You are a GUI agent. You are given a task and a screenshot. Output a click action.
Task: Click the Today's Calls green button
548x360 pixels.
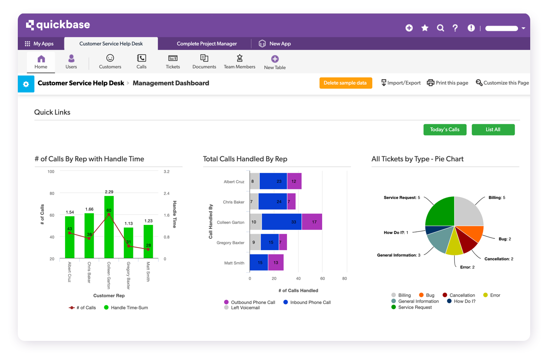[x=445, y=129]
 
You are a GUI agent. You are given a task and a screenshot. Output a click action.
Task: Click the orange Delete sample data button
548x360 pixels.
[x=346, y=83]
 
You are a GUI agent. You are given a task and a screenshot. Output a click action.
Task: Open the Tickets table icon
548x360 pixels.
[x=173, y=61]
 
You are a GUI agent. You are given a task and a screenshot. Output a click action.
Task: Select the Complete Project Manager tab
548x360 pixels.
[x=207, y=43]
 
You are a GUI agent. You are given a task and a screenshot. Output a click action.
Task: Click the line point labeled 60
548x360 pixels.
[x=109, y=215]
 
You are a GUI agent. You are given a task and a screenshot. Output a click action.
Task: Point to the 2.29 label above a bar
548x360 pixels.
[x=109, y=192]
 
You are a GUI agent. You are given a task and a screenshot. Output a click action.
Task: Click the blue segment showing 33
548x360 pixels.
[x=281, y=222]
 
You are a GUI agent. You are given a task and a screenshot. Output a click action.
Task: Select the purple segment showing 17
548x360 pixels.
[x=312, y=222]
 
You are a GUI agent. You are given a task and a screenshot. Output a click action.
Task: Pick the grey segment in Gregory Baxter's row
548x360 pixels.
[x=255, y=242]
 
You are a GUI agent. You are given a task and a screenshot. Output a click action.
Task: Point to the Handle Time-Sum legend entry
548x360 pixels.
[x=125, y=308]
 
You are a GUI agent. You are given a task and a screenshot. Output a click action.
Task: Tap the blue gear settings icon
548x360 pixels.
[x=26, y=84]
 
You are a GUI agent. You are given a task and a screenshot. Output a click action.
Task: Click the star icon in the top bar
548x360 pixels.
[x=425, y=28]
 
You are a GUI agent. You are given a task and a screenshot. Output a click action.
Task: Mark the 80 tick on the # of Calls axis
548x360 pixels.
[x=52, y=194]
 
